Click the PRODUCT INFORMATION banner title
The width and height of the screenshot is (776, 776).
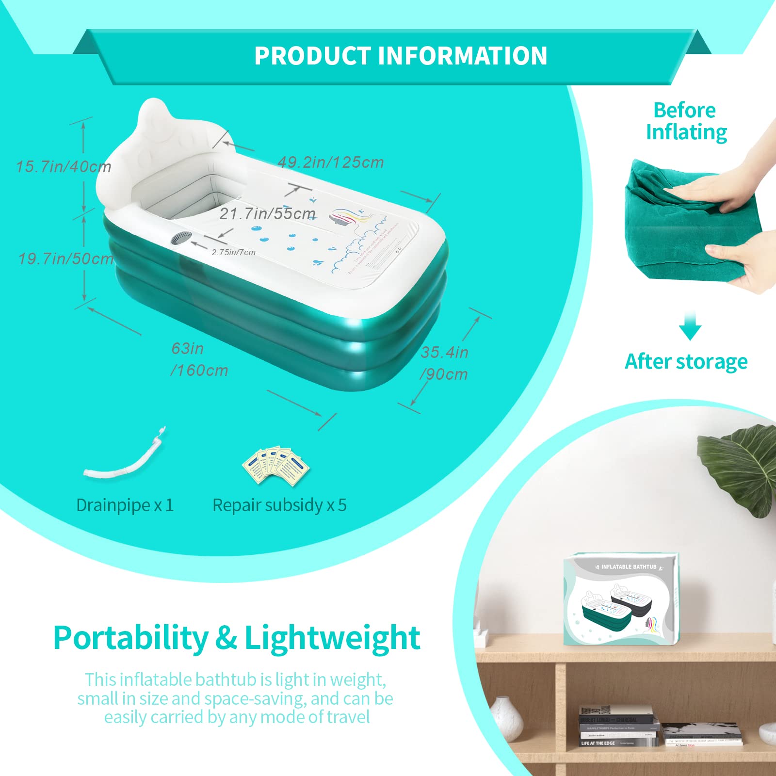pos(401,56)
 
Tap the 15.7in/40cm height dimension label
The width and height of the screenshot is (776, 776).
pos(64,167)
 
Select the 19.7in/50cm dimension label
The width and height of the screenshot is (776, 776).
pos(66,259)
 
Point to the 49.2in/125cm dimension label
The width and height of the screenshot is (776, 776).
pos(331,162)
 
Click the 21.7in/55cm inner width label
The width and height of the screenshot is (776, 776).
pos(267,213)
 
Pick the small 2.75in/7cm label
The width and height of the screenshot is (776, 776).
pos(233,252)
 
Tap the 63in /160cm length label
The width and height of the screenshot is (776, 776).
pos(199,359)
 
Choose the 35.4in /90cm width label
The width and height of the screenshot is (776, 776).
pos(444,363)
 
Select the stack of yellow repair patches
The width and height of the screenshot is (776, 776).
pos(275,466)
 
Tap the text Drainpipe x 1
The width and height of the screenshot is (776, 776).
pos(125,505)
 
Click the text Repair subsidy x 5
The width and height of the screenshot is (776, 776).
pos(279,505)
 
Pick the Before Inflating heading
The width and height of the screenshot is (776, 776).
pos(686,121)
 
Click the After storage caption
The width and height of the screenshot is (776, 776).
pos(686,361)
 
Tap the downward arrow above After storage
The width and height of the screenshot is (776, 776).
pos(690,326)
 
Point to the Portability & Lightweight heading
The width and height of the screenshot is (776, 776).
pos(236,638)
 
